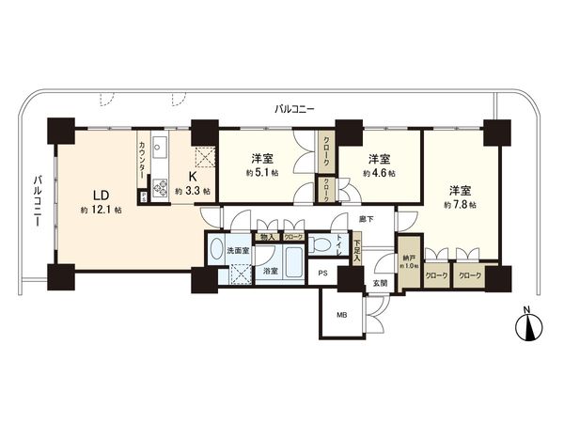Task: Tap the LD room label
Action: pyautogui.click(x=100, y=195)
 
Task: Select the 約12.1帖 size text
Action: pyautogui.click(x=100, y=210)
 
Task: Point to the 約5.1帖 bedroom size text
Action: pyautogui.click(x=260, y=173)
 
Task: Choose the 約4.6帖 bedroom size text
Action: pyautogui.click(x=379, y=173)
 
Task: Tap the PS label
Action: pyautogui.click(x=321, y=274)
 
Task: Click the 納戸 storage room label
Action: pyautogui.click(x=408, y=256)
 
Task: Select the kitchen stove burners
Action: pyautogui.click(x=159, y=186)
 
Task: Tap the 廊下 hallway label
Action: pyautogui.click(x=365, y=219)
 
